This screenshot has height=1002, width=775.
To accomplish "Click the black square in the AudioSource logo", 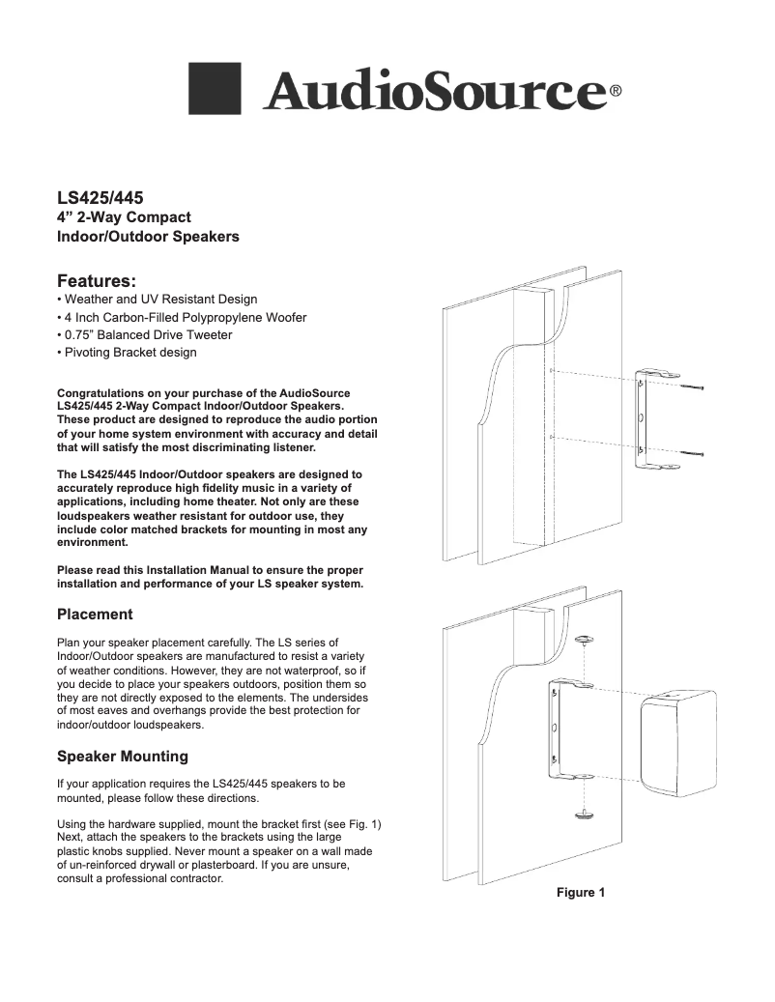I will coord(214,89).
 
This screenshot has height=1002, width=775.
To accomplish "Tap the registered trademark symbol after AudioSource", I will coord(615,94).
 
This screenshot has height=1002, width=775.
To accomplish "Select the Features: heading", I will coord(96,281).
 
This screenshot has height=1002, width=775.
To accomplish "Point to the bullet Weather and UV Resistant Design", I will coord(158,300).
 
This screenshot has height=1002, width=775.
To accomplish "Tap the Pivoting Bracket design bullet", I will coord(127,353).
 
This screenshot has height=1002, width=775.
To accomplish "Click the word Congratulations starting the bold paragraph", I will coord(103,393).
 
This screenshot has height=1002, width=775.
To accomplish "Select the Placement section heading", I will coord(95,615).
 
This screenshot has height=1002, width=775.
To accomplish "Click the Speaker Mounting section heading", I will coord(123,756).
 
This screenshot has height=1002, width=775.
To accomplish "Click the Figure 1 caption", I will coord(580,892).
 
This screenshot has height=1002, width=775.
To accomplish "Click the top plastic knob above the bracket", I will coord(584,641).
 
